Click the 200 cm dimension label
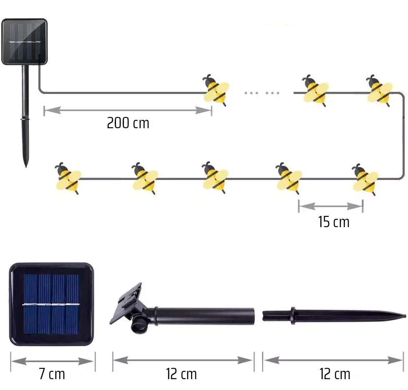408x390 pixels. [128, 123]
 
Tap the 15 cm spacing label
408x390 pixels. [333, 222]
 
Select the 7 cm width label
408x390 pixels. [52, 373]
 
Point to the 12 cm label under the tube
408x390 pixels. [181, 373]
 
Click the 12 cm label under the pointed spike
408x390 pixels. [335, 373]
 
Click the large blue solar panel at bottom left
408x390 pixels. [51, 304]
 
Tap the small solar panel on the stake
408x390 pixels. [25, 41]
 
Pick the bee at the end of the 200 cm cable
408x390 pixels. [216, 90]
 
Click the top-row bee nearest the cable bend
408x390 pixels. [379, 90]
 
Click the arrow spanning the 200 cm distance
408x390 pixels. [128, 110]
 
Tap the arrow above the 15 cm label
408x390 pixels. [330, 205]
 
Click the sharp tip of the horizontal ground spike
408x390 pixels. [404, 314]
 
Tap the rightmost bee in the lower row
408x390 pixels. [365, 178]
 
